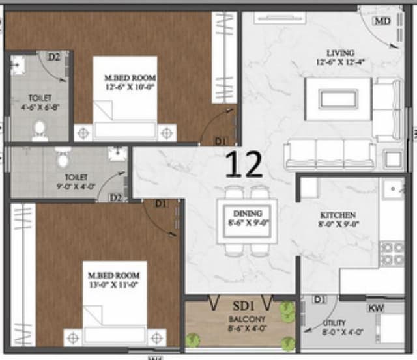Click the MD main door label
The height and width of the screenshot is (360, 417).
click(382, 21)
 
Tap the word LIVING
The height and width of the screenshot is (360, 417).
click(341, 53)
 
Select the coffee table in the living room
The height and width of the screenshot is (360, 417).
click(338, 99)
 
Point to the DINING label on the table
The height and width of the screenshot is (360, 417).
click(247, 213)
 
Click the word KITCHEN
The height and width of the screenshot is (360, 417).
click(338, 215)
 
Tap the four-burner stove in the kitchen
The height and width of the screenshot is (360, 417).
click(392, 253)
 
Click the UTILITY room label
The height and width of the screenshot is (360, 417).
click(334, 322)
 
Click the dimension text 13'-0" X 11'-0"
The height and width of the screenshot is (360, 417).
click(114, 284)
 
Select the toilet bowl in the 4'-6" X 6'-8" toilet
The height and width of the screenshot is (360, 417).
click(39, 130)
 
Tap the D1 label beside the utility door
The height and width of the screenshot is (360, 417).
click(319, 299)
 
